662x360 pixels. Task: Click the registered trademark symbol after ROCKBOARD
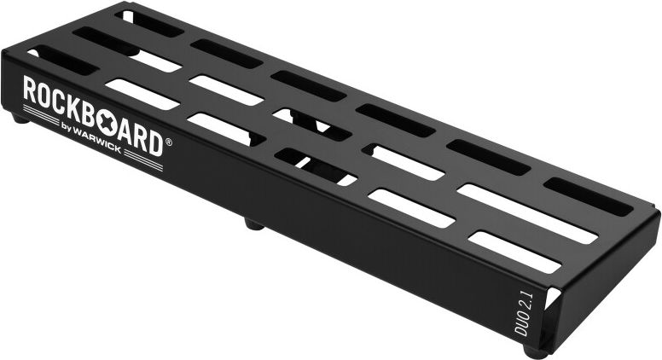tap(168, 143)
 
